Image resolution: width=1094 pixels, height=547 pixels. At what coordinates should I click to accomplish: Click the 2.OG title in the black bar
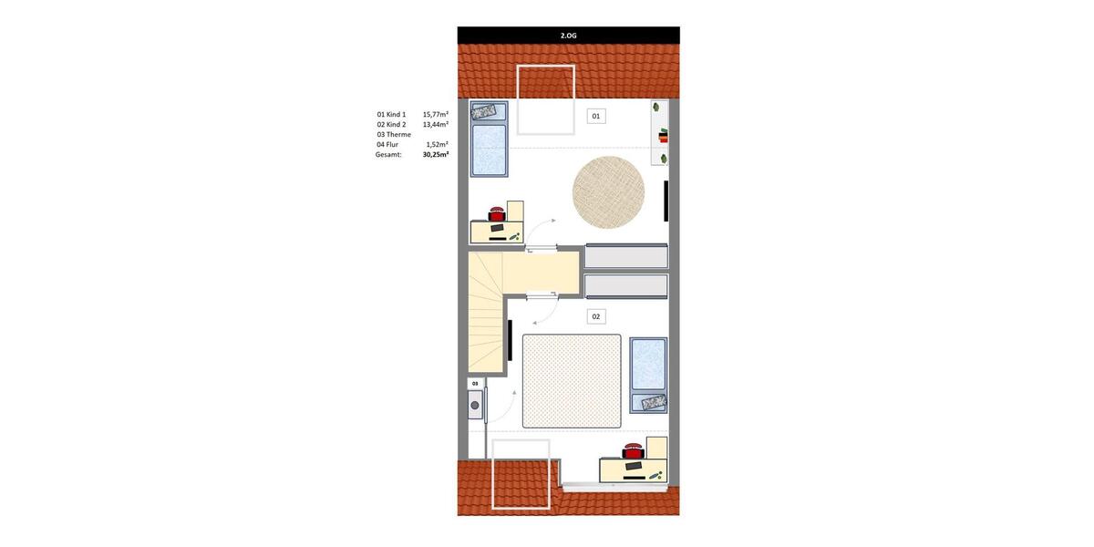568,36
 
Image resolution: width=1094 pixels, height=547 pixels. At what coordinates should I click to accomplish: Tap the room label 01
596,117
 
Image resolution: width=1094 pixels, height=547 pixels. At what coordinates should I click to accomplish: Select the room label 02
596,317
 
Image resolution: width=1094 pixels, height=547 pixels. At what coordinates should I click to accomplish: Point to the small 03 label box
475,384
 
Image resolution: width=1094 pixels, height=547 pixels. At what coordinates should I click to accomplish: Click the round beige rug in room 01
608,192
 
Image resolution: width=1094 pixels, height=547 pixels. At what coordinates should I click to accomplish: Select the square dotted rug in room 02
572,381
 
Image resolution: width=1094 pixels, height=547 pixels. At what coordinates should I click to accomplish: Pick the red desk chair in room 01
497,214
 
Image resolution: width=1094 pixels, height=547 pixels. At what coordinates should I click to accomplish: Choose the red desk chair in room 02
633,450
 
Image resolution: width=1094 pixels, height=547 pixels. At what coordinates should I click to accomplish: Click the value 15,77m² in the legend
435,115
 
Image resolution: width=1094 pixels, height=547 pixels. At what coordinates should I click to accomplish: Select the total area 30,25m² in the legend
435,155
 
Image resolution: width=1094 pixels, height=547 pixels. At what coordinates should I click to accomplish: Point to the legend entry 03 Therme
394,135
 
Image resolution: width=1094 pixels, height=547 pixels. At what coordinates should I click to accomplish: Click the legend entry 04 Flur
387,145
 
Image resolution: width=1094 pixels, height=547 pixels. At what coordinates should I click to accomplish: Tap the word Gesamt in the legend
388,155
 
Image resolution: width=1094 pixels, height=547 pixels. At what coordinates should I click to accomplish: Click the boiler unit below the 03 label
475,405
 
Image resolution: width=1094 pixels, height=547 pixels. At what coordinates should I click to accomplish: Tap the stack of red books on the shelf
662,138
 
